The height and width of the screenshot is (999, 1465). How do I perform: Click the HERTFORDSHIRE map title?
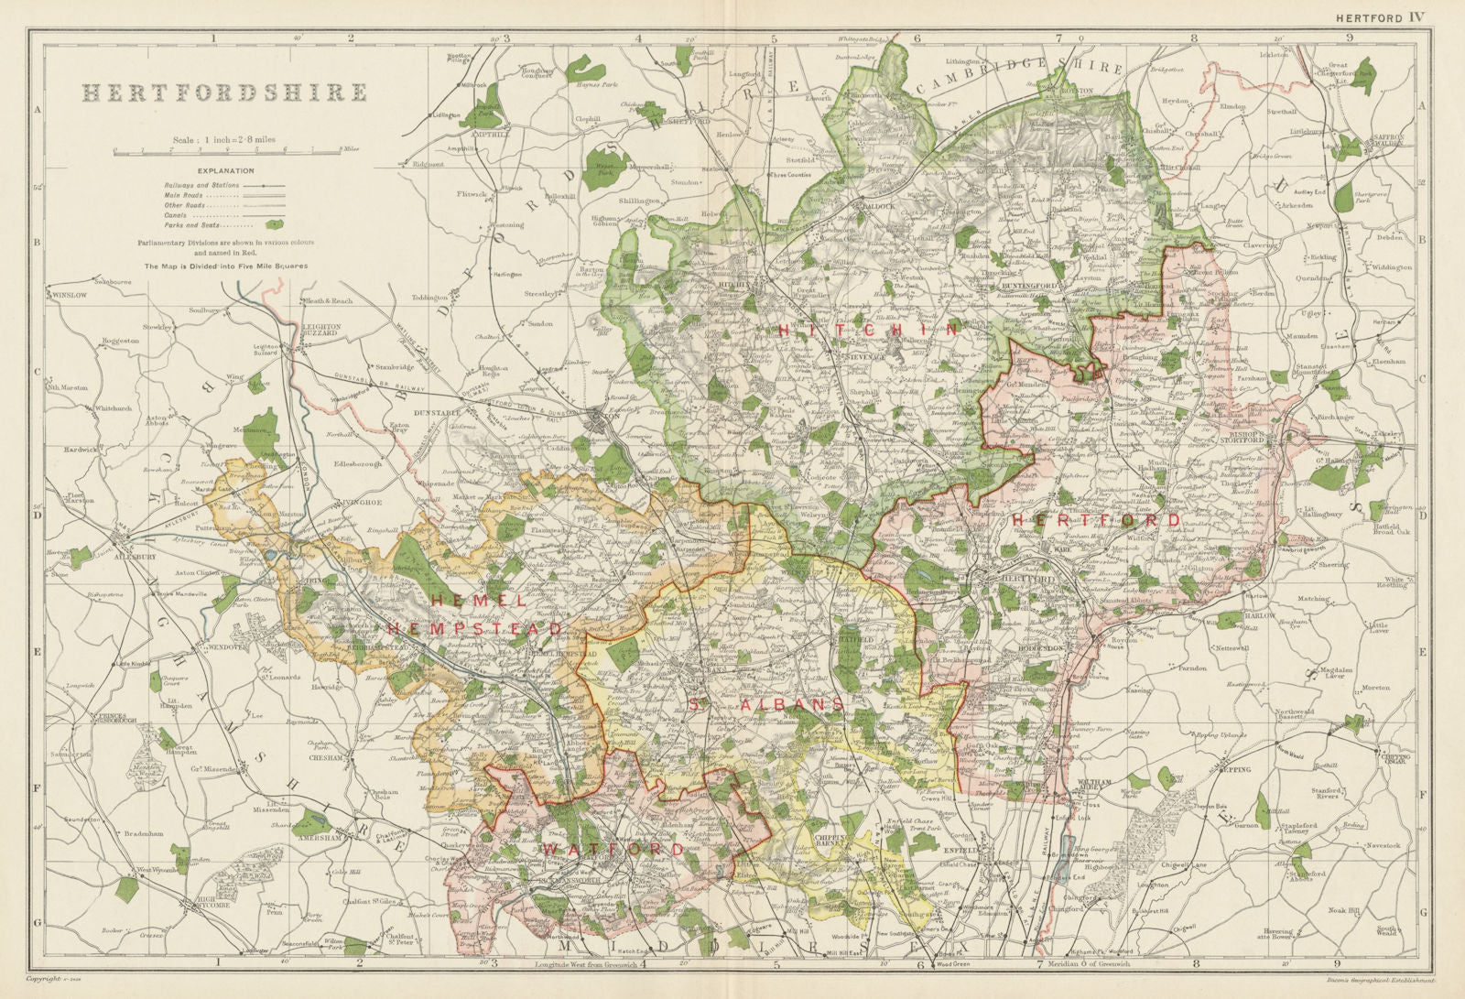[x=225, y=93]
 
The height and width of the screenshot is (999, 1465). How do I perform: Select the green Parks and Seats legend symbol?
[x=274, y=223]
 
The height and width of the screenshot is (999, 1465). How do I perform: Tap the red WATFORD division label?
[x=612, y=850]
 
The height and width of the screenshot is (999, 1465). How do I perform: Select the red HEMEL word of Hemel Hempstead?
[x=478, y=601]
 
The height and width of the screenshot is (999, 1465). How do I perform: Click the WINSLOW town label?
[x=70, y=296]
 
